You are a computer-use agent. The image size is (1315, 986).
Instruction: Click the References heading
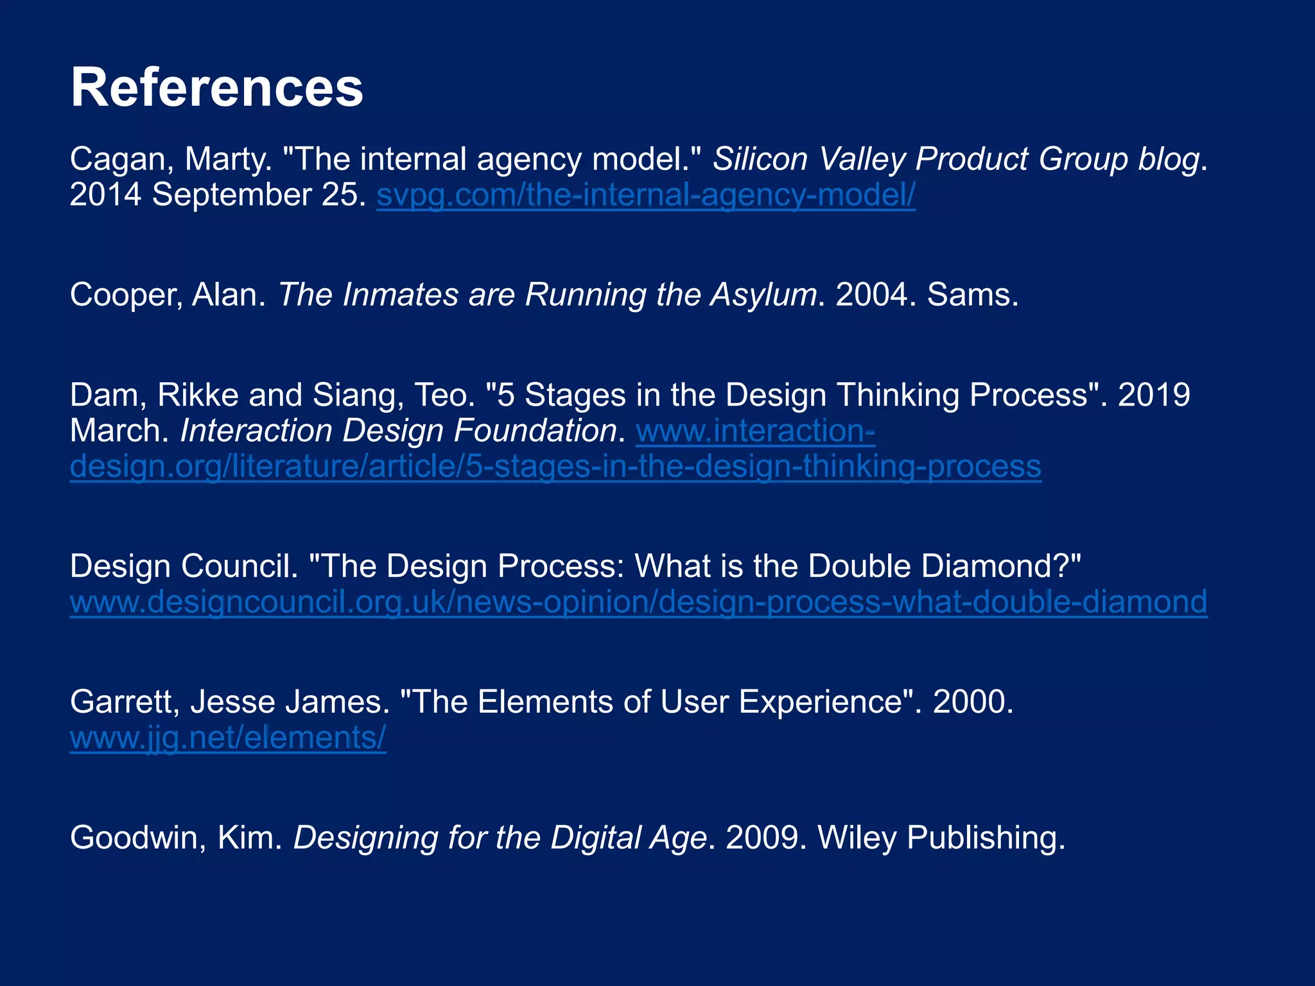217,88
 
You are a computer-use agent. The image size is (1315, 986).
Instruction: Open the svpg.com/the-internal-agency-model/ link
645,195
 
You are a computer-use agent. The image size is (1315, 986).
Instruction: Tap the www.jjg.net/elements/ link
228,738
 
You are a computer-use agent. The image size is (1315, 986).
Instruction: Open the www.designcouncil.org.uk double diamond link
638,602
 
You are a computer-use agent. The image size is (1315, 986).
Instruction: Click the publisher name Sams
972,295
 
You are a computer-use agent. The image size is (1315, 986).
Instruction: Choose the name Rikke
198,395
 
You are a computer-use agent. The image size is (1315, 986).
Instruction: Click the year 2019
1154,395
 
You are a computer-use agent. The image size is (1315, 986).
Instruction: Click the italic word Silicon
760,159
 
